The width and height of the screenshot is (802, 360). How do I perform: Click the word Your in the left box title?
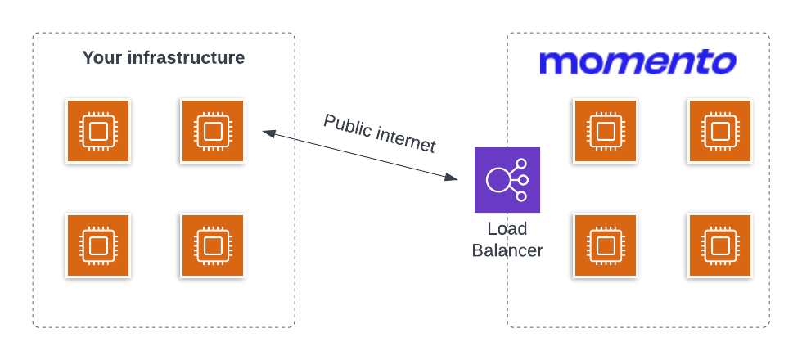point(102,58)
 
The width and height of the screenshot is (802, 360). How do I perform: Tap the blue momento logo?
point(638,62)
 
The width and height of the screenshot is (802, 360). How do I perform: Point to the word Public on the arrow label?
point(347,126)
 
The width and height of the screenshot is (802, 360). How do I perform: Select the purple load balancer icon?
point(507,180)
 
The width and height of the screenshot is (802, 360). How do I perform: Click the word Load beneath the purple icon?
point(507,228)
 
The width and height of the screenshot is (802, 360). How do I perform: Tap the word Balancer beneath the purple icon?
point(507,250)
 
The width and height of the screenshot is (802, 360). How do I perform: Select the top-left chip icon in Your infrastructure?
point(98,131)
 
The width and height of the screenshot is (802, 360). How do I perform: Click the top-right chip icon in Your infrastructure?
point(213,131)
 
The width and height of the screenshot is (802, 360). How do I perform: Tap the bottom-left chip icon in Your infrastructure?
point(98,245)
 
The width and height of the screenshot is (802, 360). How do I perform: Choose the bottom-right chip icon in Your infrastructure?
point(213,245)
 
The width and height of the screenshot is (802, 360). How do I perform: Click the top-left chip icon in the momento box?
point(606,131)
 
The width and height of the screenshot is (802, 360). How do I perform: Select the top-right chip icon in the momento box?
point(720,131)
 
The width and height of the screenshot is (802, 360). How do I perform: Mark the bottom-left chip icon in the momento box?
point(606,245)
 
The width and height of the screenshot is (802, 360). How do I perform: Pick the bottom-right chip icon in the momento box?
point(720,245)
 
